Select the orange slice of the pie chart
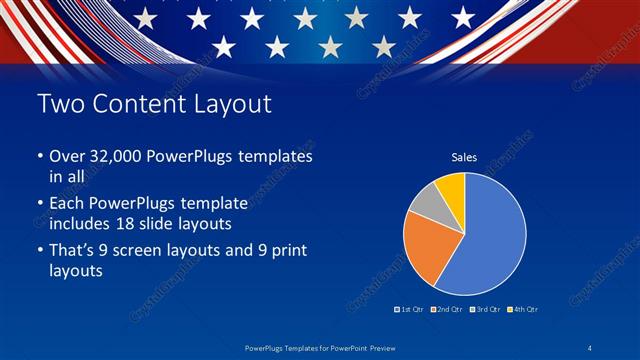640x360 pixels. coord(428,248)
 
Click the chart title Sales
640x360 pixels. coord(464,157)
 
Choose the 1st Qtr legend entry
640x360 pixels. coord(411,309)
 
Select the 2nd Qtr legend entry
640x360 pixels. coord(448,309)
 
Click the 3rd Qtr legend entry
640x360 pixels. coord(485,309)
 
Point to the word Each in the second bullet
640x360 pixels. coord(68,202)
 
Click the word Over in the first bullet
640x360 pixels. coord(68,157)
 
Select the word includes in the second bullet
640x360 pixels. coord(83,221)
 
